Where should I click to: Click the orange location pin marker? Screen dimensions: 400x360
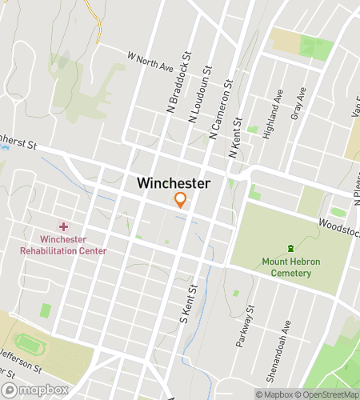[181, 200]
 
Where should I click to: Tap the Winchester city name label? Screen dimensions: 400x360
[174, 183]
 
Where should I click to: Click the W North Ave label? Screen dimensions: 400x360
[150, 62]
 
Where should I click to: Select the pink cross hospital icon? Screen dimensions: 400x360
[63, 227]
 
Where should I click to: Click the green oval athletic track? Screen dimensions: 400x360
[30, 346]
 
